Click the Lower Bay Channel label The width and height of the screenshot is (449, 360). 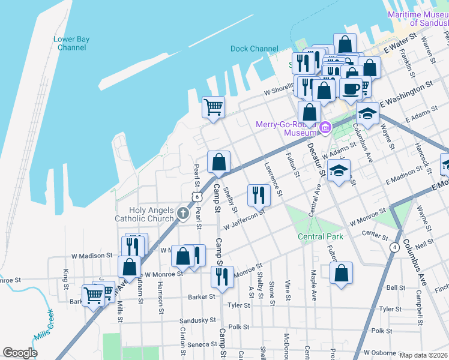point(71,43)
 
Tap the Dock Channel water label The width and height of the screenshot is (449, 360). point(255,49)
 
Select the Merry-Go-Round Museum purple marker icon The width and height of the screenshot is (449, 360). point(325,127)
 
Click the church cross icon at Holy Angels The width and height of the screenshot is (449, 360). point(184,212)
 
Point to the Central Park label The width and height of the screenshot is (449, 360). point(321,236)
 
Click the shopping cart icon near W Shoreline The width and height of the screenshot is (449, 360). point(213,107)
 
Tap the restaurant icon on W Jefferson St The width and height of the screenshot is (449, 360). point(258,194)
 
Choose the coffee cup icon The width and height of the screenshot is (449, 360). point(351,88)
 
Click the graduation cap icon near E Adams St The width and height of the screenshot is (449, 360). point(367,112)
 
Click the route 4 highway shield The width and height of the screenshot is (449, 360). point(394,247)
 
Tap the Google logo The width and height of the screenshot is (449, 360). point(20,353)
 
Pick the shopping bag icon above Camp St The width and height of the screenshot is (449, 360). point(218,162)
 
